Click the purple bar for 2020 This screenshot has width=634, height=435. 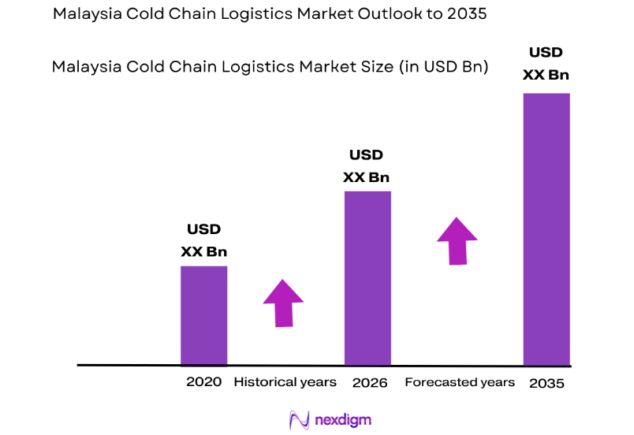[203, 315]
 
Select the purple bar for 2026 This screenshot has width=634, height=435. [367, 277]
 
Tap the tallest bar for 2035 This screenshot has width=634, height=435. [546, 229]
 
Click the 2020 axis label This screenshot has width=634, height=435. [203, 382]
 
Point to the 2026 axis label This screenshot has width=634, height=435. [370, 382]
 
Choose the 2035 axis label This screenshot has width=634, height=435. [548, 382]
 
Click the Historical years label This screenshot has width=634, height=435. [285, 382]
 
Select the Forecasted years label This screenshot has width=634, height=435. [460, 382]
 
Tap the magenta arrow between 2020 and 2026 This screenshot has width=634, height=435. [282, 302]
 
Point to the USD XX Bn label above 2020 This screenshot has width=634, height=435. [203, 241]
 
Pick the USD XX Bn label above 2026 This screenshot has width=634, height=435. [367, 166]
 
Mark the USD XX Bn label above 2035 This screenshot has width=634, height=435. [546, 64]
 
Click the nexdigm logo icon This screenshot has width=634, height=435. [298, 419]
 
